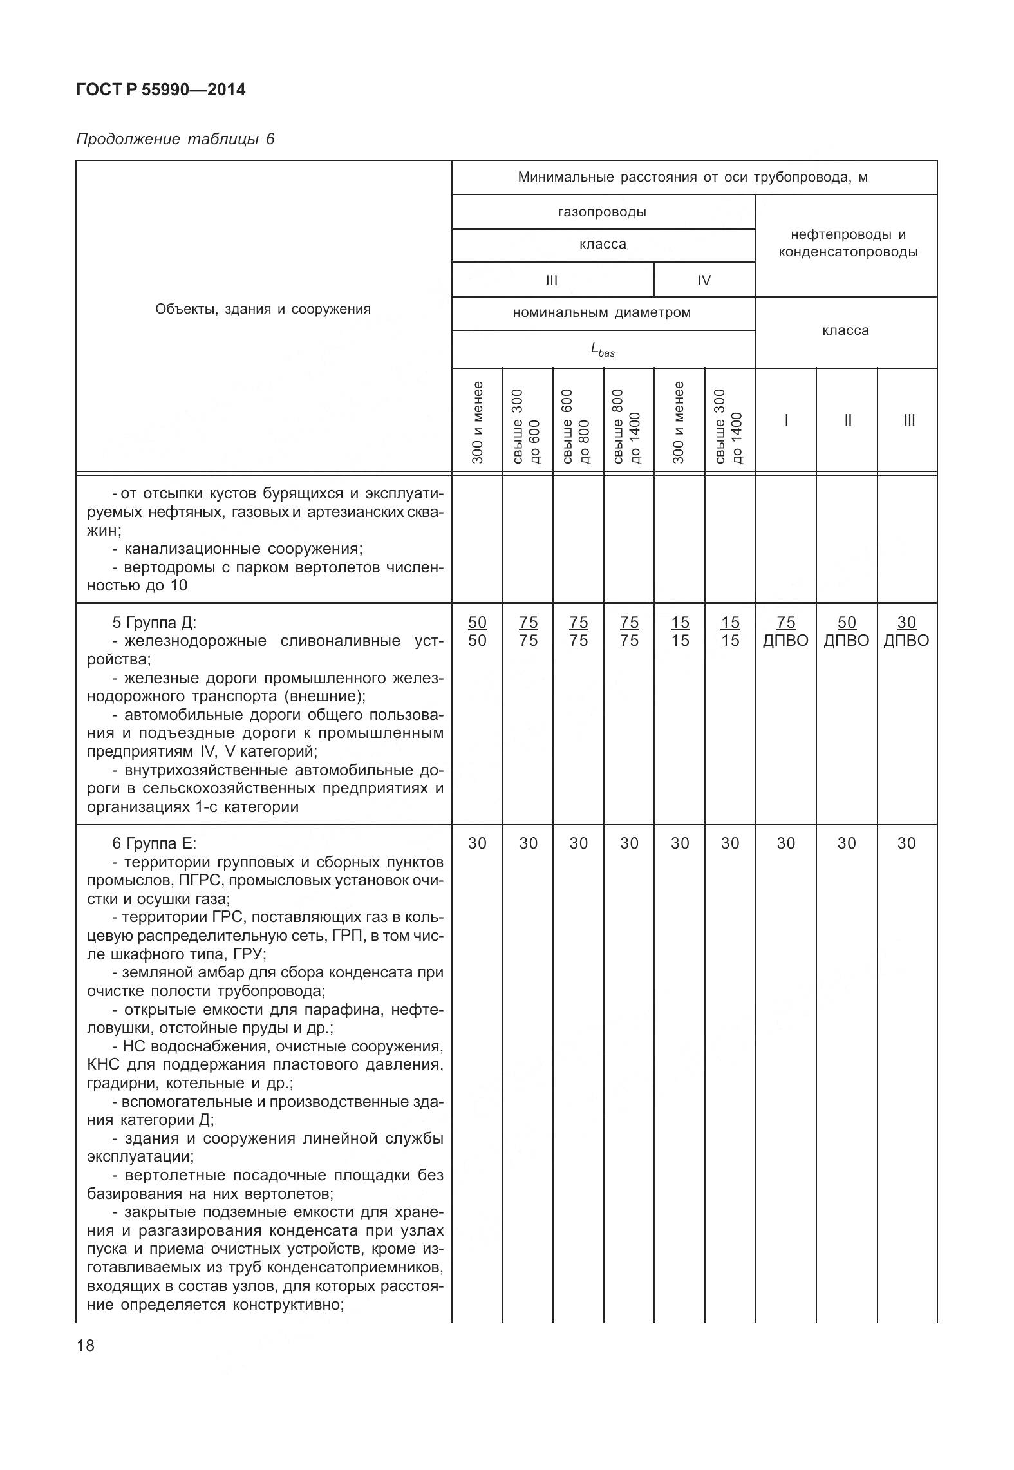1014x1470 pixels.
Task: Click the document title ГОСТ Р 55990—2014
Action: (x=160, y=90)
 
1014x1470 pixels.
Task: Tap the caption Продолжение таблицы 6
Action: (x=175, y=139)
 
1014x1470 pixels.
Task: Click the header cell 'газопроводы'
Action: (x=603, y=212)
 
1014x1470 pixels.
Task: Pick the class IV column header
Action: (x=704, y=280)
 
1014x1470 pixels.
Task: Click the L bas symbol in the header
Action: (x=603, y=350)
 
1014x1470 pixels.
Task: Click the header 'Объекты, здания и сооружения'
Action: (x=263, y=309)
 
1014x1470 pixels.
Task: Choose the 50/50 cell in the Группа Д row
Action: (x=477, y=631)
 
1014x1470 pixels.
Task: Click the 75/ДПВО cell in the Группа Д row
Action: (x=785, y=631)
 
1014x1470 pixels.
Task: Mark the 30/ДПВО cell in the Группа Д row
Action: (x=906, y=631)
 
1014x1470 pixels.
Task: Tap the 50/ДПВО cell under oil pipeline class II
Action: (x=846, y=631)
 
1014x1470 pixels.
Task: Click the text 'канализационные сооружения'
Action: (x=243, y=549)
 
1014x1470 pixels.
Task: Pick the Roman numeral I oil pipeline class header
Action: (x=786, y=420)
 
